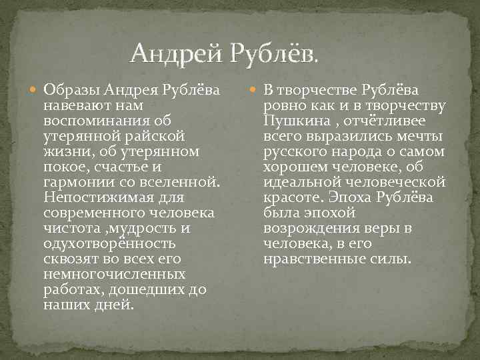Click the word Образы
64,90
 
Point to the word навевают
71,105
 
